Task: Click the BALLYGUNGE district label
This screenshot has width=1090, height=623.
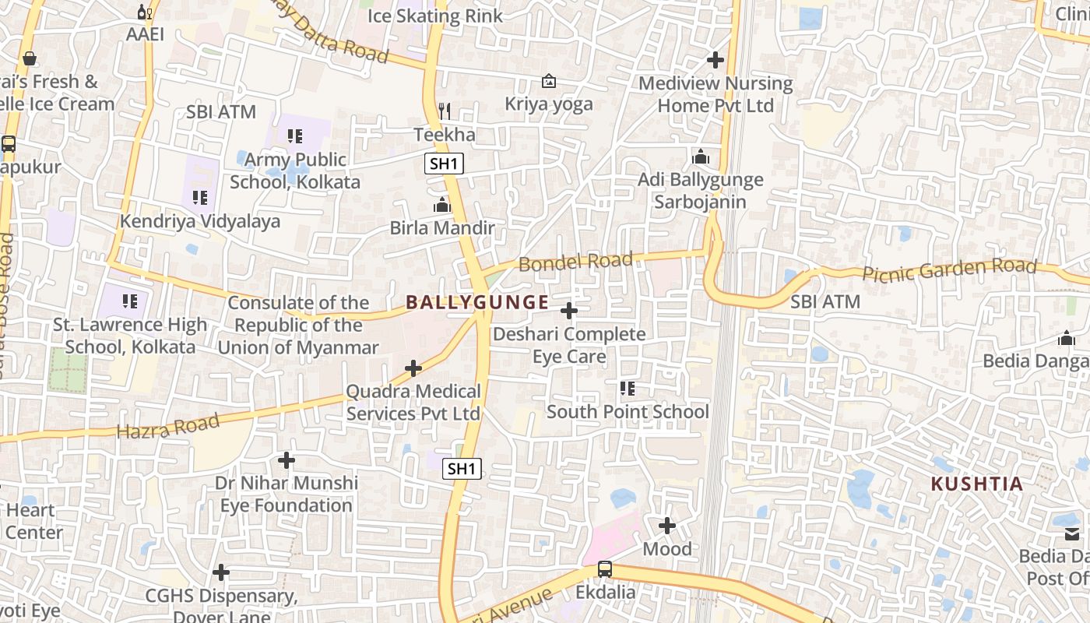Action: pos(477,302)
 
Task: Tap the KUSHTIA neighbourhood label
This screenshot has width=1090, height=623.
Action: pos(977,484)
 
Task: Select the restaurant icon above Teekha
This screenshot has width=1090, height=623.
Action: pos(445,111)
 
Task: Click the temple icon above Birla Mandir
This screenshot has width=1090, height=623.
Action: pos(442,205)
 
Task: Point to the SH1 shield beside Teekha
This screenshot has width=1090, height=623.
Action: pos(445,164)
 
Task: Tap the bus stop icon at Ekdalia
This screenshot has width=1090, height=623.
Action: pos(605,569)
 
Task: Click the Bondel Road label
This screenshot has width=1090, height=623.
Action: pos(575,262)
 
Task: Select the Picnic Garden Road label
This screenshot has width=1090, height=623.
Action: pos(949,270)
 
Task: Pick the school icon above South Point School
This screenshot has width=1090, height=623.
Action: pos(628,387)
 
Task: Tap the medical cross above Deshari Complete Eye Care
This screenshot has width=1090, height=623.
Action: pos(569,311)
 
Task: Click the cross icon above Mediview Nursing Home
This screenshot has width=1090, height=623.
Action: pos(715,59)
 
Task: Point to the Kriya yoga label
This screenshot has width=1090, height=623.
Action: pos(549,104)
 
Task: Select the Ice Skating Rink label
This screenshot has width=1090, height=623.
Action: pos(435,16)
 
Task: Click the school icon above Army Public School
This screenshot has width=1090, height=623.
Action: pos(295,136)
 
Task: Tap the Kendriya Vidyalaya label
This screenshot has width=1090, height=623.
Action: pos(200,221)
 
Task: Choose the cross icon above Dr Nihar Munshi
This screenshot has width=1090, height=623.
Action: pos(287,460)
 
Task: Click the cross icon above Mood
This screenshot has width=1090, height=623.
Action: pos(667,526)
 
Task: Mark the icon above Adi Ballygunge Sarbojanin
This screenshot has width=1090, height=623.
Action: pos(701,157)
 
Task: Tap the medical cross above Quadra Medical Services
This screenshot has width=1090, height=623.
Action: pos(413,368)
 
